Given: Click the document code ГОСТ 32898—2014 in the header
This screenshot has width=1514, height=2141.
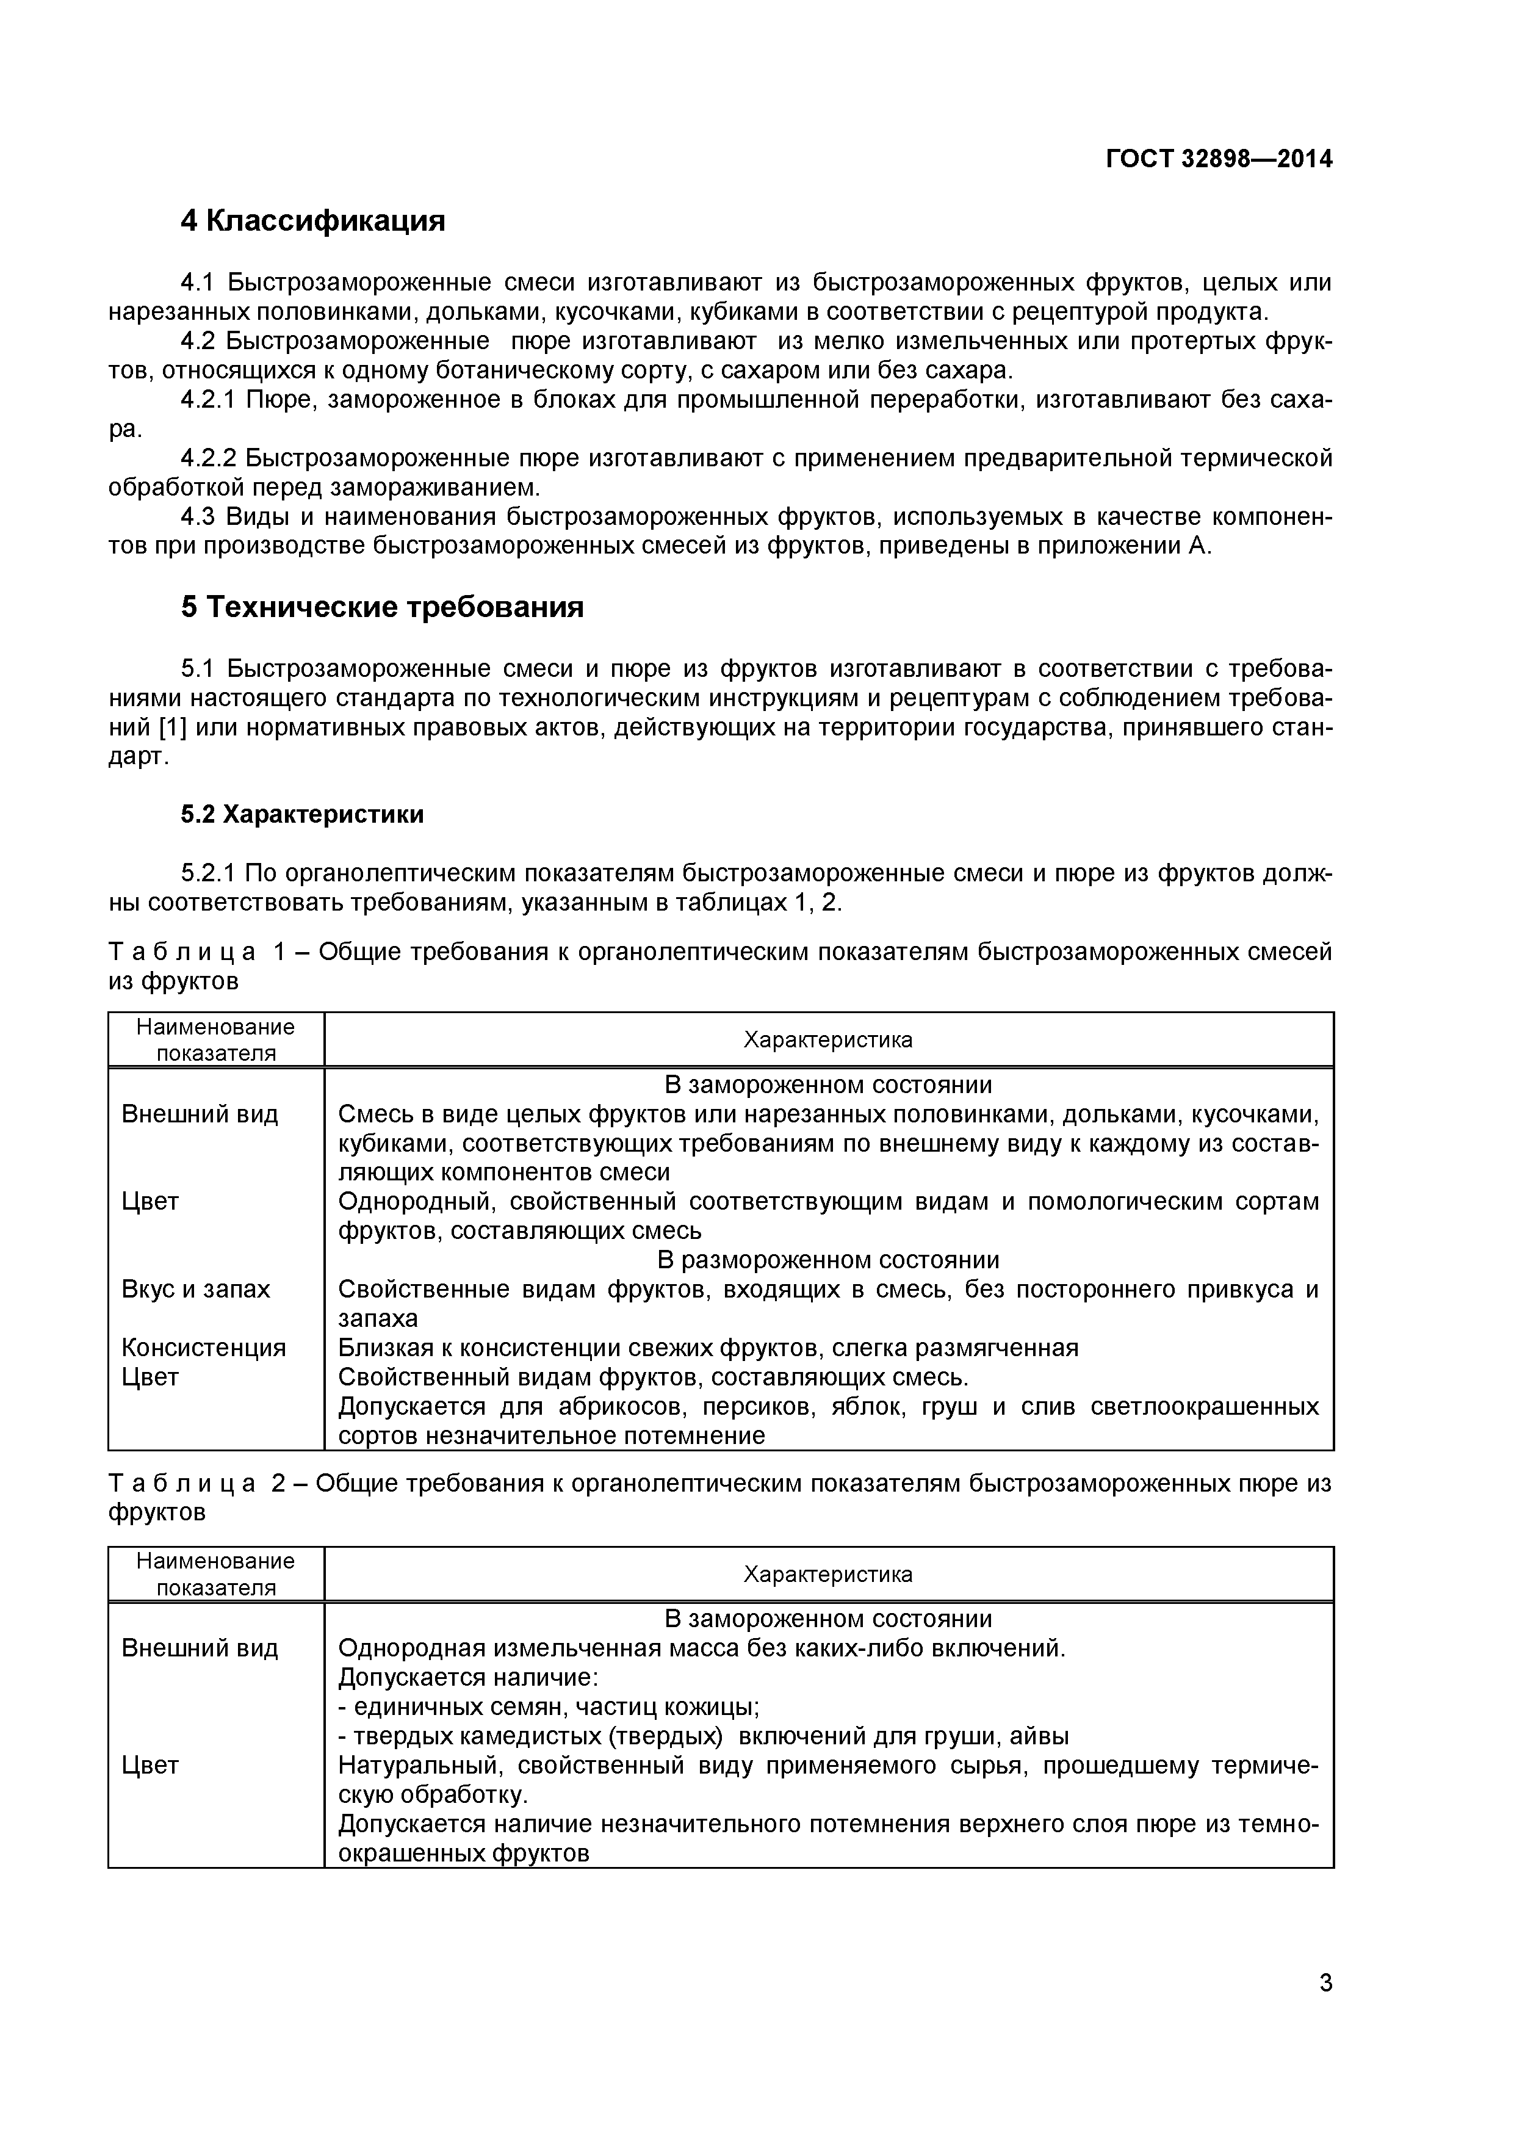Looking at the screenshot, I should (x=1219, y=159).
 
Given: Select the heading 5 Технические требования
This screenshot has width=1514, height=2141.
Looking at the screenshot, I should (x=382, y=607).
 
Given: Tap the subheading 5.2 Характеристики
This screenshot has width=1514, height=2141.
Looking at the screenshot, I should (x=302, y=814).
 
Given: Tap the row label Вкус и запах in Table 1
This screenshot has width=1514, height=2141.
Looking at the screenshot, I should (x=196, y=1289).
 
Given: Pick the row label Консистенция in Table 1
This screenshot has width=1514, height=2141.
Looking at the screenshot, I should (x=203, y=1348).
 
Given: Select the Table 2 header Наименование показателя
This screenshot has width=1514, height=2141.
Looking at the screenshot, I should (x=215, y=1573).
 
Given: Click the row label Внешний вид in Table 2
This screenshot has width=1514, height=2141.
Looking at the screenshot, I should (x=200, y=1648).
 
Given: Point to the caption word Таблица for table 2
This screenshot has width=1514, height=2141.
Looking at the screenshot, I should (x=182, y=1482).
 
